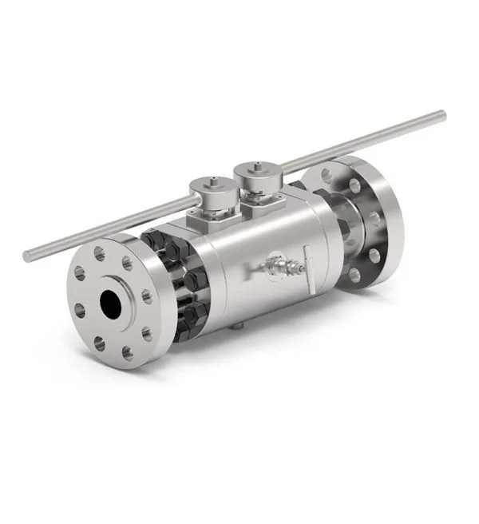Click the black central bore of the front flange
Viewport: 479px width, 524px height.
click(x=111, y=302)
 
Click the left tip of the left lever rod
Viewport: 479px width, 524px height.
click(x=27, y=257)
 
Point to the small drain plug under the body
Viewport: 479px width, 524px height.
click(x=238, y=326)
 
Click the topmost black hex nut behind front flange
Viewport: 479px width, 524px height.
click(x=153, y=239)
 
